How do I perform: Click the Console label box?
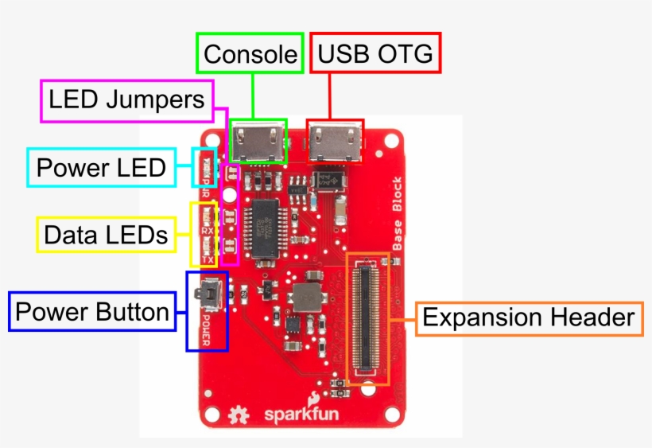pos(250,54)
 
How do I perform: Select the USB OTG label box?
pos(375,54)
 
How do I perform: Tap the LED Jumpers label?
pos(126,100)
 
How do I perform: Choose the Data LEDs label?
pos(106,235)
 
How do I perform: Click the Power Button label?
pos(91,312)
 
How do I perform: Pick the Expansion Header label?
pos(528,318)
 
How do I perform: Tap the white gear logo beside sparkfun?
pos(236,415)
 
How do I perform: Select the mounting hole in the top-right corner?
pos(390,146)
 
